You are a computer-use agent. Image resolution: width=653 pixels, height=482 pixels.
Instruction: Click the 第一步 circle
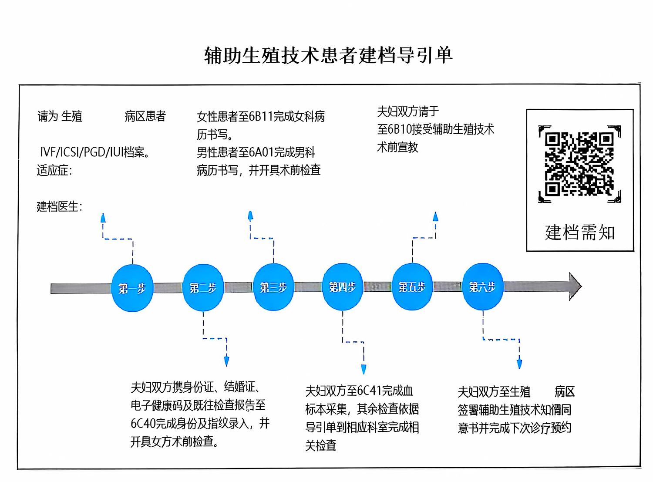[x=132, y=288]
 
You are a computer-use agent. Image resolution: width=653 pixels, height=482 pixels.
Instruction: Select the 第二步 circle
[x=203, y=287]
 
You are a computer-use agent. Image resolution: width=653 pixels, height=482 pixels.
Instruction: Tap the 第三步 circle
[x=273, y=287]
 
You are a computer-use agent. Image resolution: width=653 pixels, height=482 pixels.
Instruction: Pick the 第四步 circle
[x=343, y=287]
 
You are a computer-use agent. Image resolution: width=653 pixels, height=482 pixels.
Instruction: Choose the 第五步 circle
[x=412, y=287]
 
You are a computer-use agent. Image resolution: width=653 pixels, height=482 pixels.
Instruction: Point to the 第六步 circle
[x=482, y=287]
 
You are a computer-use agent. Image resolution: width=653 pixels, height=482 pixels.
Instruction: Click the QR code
[x=580, y=164]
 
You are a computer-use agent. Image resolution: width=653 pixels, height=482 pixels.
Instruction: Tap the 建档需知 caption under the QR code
[x=580, y=233]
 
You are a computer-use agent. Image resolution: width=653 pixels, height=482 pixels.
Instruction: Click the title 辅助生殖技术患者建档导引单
[x=328, y=55]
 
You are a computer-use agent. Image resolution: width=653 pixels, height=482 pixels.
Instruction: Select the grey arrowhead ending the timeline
[x=575, y=286]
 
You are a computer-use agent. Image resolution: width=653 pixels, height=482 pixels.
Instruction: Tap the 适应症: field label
[x=54, y=170]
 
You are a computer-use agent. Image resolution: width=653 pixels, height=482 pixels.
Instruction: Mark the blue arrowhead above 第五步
[x=436, y=216]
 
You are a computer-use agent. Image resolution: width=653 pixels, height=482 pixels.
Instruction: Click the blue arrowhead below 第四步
[x=364, y=369]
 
